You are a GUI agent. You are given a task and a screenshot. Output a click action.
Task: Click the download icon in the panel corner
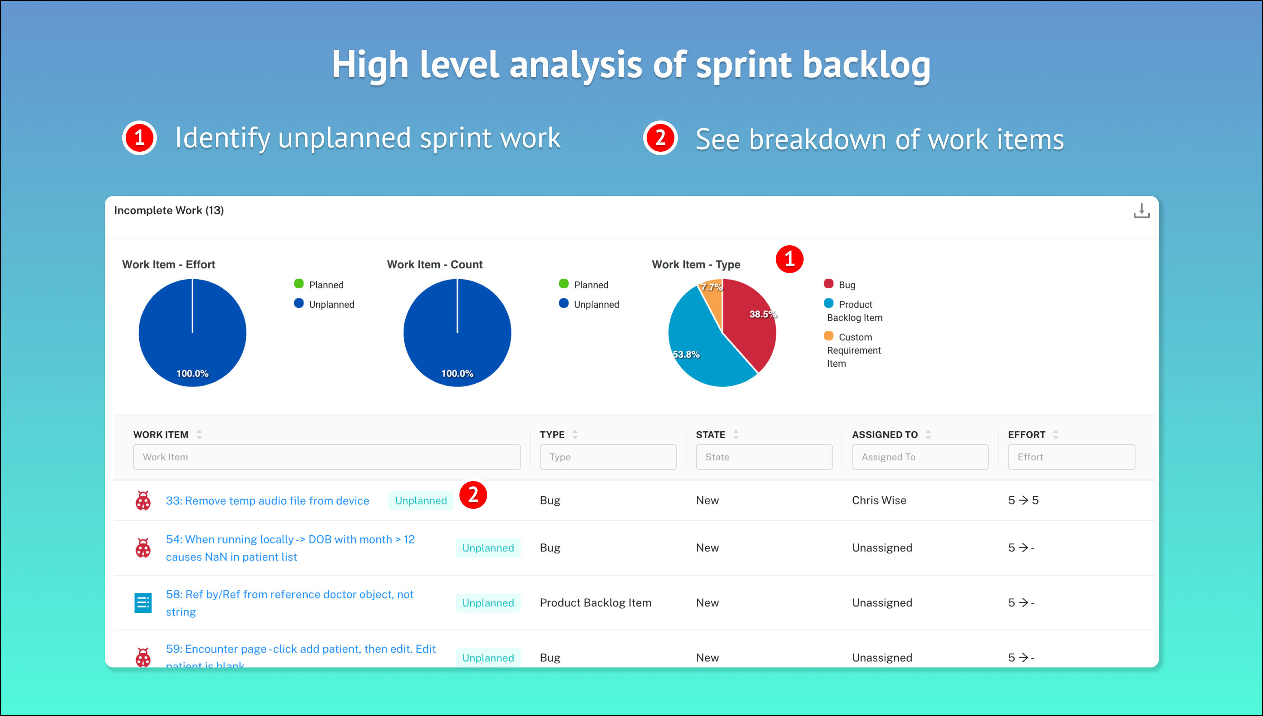click(x=1141, y=211)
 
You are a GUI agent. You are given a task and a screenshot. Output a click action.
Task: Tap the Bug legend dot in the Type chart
click(x=828, y=284)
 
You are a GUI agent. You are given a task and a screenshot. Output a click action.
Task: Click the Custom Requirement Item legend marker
click(x=828, y=336)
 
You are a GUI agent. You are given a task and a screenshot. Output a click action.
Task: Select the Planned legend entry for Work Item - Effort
click(x=319, y=285)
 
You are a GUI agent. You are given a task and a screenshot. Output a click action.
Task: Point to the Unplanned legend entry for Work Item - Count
click(x=589, y=304)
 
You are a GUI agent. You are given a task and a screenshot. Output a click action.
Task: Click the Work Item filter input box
click(x=326, y=457)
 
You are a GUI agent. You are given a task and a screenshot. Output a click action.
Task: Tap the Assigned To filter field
click(x=920, y=457)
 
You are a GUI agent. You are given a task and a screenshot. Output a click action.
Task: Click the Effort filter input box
click(x=1071, y=457)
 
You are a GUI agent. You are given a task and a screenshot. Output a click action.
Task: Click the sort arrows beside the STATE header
click(x=736, y=435)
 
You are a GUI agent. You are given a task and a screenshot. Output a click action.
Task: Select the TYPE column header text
click(x=552, y=435)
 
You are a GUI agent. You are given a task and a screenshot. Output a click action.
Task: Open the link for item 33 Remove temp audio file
click(x=267, y=501)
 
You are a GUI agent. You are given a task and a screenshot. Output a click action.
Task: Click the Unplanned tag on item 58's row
click(x=488, y=603)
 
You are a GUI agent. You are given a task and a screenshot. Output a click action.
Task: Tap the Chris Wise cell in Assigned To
click(x=879, y=501)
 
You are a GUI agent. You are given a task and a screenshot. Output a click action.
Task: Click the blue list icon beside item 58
click(x=143, y=603)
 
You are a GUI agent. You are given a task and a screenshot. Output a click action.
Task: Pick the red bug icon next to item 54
click(x=143, y=548)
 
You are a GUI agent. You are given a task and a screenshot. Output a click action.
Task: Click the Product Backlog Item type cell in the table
click(x=596, y=603)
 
